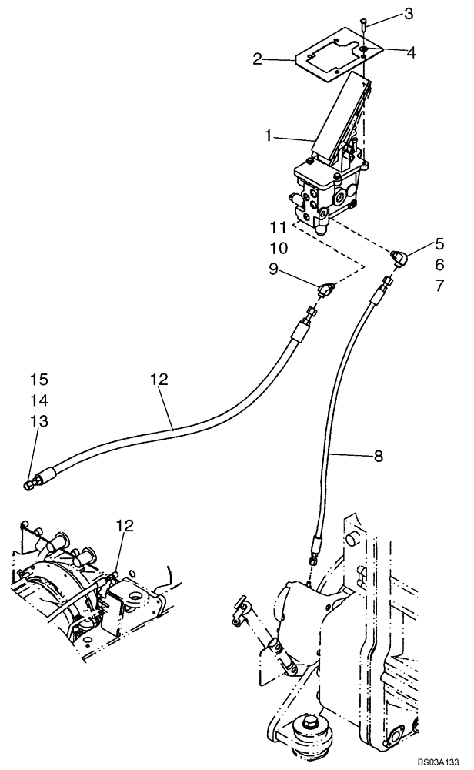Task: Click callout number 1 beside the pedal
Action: coord(268,136)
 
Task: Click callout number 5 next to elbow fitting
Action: coord(439,244)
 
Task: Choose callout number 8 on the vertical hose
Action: coord(378,456)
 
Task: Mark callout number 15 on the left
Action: coord(39,379)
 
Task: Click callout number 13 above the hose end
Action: coord(39,421)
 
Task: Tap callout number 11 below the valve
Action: coord(279,227)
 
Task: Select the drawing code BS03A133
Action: coord(432,760)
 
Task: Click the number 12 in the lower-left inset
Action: coord(125,525)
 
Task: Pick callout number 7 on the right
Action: coord(439,286)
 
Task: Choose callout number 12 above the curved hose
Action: coord(159,379)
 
